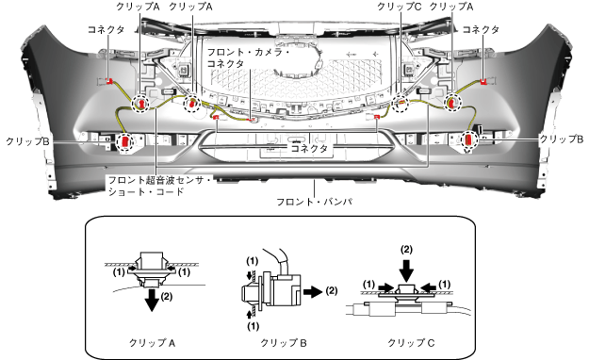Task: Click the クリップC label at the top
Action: [400, 7]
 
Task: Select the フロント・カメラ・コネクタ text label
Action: [248, 57]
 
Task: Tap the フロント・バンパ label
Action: [315, 202]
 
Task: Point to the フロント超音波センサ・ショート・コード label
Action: [160, 186]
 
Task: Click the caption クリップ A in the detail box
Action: [152, 343]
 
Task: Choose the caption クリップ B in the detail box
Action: [284, 343]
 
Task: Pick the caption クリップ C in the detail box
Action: [411, 343]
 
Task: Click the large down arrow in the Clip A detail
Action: [152, 300]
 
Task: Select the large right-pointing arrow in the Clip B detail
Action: [313, 291]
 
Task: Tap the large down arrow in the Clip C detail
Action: [406, 270]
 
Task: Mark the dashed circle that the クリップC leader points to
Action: [401, 103]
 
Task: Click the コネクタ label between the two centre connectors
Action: [309, 148]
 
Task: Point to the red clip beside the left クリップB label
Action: [125, 142]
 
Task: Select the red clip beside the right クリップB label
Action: [469, 140]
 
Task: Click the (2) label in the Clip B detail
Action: [332, 291]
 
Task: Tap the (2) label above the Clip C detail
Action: [407, 250]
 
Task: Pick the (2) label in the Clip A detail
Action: [167, 297]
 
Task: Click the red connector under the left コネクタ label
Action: [109, 81]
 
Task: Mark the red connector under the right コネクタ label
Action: [483, 82]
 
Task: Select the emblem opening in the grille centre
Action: [298, 60]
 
